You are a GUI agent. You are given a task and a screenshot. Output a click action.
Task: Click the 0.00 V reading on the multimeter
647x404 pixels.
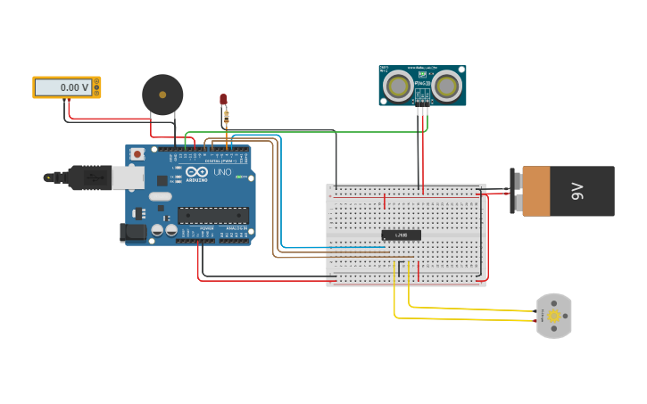62,87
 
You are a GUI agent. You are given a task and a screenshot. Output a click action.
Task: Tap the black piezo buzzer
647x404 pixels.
162,94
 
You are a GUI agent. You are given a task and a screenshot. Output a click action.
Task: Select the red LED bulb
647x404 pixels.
223,100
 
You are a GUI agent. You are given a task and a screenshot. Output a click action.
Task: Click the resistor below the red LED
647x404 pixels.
227,115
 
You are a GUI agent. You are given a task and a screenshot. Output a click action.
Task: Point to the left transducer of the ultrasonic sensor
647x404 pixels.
398,86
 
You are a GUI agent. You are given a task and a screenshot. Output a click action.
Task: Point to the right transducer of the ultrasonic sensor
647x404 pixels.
445,86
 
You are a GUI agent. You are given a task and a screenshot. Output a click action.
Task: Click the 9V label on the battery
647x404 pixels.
577,191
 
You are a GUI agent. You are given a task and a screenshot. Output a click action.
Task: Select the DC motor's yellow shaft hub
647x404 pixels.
554,316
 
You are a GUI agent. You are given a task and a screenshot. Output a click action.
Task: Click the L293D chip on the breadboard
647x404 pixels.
401,235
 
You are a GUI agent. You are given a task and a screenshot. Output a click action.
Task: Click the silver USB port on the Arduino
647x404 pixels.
127,177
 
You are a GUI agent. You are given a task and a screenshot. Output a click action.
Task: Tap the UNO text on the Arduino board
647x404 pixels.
220,172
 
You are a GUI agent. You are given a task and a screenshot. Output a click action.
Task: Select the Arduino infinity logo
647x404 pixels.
197,172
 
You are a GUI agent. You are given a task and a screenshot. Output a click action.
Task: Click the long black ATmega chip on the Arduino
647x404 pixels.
212,214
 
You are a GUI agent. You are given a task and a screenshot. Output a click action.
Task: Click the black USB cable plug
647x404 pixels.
89,177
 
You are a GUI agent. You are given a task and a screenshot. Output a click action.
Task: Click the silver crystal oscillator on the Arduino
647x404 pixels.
160,196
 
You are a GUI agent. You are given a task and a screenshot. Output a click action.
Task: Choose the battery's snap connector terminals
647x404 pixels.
515,191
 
